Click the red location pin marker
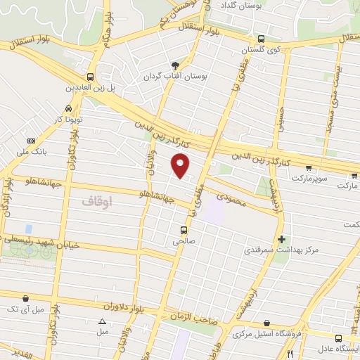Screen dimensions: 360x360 click(181, 165)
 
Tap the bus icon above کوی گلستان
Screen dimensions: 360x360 click(261, 39)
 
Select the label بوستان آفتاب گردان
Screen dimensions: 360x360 click(172, 76)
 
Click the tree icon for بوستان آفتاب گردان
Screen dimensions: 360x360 click(184, 65)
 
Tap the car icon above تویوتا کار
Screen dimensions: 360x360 click(67, 109)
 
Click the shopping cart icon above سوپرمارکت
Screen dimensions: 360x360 click(309, 167)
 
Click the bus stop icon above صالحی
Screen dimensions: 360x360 click(184, 230)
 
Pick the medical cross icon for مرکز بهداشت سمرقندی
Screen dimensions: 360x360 click(282, 239)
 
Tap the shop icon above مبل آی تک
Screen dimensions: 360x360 click(27, 298)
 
